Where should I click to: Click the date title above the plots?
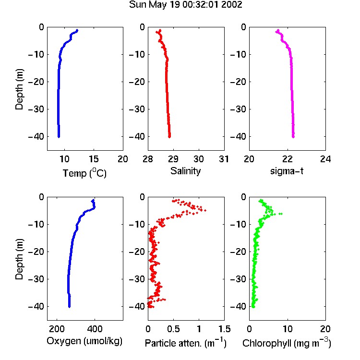click(x=185, y=5)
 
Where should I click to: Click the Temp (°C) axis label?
click(x=84, y=173)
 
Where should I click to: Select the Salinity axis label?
click(x=185, y=171)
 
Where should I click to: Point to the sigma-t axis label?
click(x=287, y=171)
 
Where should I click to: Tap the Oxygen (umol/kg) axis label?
click(x=84, y=341)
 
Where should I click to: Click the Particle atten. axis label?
click(x=185, y=343)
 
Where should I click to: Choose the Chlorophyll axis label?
click(x=287, y=343)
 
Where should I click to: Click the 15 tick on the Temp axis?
click(x=94, y=159)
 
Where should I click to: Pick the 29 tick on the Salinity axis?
click(x=173, y=159)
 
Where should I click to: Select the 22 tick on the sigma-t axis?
click(x=287, y=159)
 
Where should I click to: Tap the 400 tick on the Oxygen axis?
click(x=95, y=329)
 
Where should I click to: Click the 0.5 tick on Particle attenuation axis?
click(x=174, y=329)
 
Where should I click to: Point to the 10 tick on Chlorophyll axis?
click(x=288, y=329)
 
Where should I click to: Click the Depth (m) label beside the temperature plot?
click(x=19, y=89)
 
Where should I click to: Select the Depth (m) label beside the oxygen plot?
click(x=19, y=259)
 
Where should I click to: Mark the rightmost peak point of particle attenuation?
click(x=205, y=210)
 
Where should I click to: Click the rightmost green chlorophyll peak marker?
click(x=281, y=214)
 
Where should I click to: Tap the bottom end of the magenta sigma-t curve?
click(x=293, y=137)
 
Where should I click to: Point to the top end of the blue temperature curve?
click(x=77, y=30)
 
